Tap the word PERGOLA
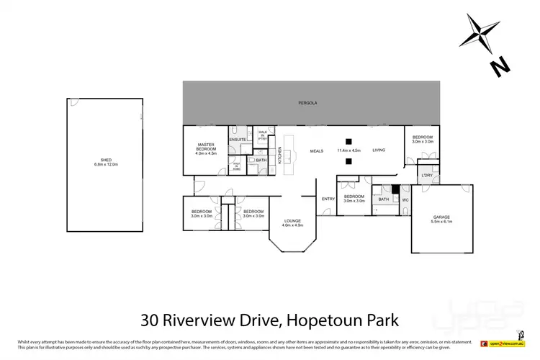point(308,104)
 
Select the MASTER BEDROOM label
point(207,147)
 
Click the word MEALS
point(316,150)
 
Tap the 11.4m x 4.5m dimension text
point(348,150)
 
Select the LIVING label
point(379,150)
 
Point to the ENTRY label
point(328,199)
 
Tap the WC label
point(405,199)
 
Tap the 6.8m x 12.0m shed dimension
point(106,165)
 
